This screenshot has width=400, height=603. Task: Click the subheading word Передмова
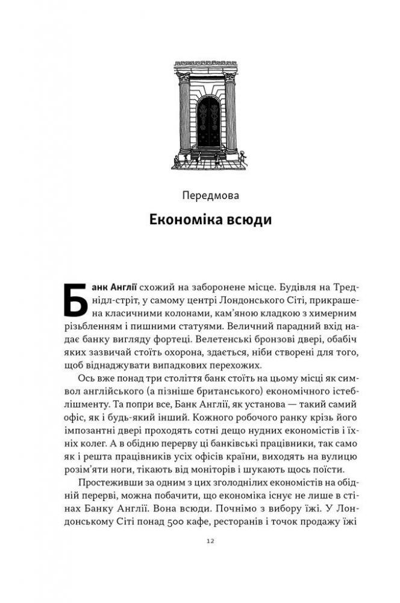(x=210, y=196)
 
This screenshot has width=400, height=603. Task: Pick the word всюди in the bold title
(x=246, y=220)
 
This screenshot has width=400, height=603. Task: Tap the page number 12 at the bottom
(x=209, y=541)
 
